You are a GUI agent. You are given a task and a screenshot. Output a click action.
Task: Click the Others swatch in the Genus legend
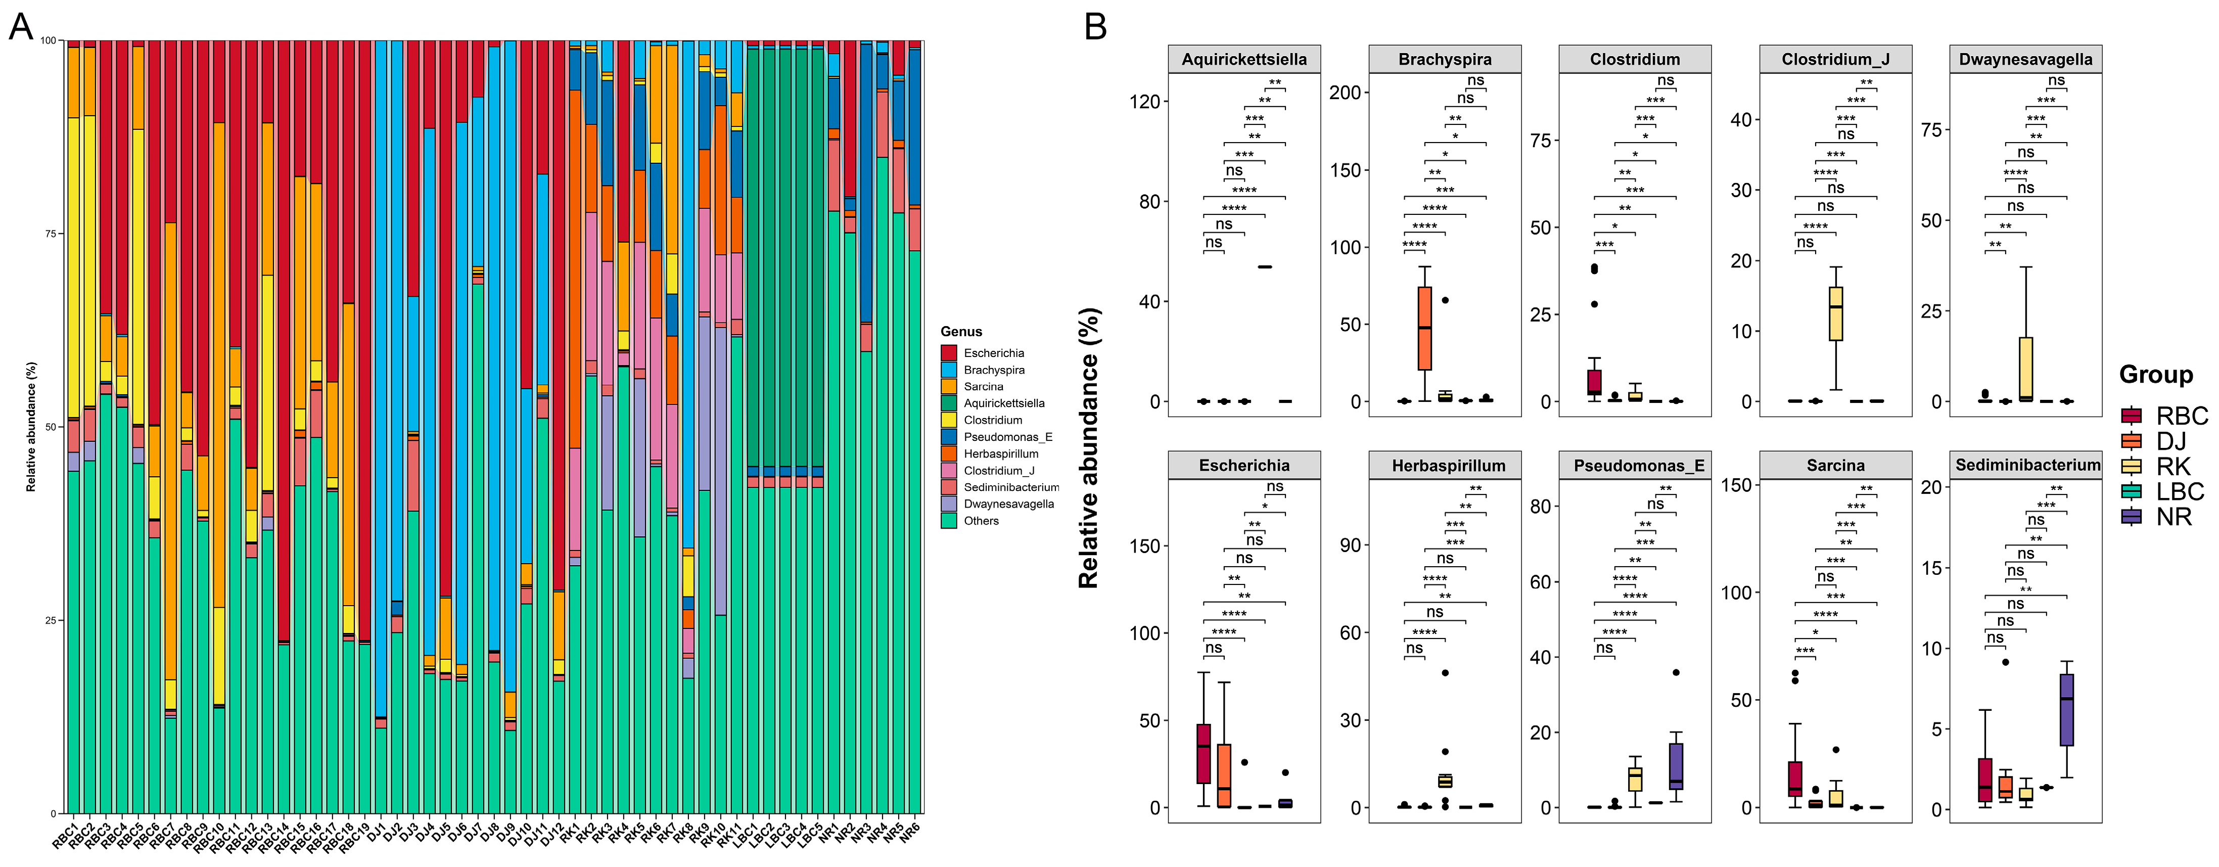949,521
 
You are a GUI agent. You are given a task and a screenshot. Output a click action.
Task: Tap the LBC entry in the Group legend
2180,491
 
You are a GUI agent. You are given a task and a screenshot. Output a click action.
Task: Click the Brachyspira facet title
1445,60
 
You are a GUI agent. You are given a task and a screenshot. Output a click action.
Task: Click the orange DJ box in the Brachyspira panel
1425,329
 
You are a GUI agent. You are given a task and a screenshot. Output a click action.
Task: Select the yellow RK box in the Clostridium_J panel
1836,314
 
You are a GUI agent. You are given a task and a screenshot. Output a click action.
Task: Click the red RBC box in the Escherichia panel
1204,754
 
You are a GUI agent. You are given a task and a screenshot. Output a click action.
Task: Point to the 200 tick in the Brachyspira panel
1344,92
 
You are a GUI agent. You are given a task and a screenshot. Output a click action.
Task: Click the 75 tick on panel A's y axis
50,234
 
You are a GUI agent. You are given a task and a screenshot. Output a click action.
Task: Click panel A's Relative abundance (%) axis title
31,427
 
